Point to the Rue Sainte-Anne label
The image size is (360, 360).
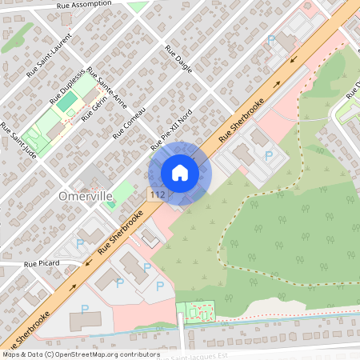click(x=106, y=84)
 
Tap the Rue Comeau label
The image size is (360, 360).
click(x=130, y=122)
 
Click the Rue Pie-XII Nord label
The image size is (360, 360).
click(x=173, y=130)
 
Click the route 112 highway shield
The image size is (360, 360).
click(x=156, y=194)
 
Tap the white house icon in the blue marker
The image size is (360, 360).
click(x=180, y=173)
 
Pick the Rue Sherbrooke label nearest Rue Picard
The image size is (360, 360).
click(x=120, y=234)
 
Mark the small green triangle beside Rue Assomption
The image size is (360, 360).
click(x=138, y=6)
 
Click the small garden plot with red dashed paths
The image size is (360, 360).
click(x=195, y=312)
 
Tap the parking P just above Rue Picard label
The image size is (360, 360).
click(x=79, y=243)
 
